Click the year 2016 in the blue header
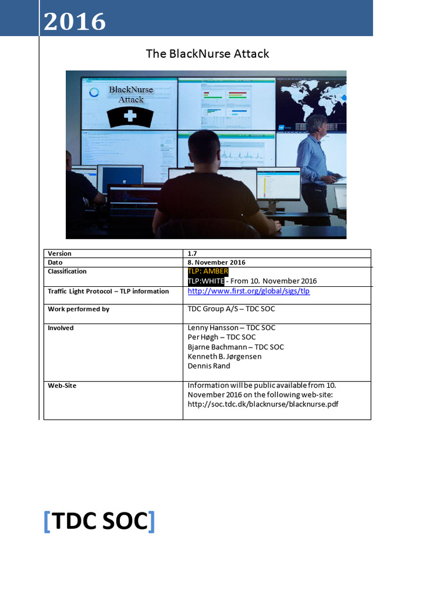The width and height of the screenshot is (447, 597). tap(74, 22)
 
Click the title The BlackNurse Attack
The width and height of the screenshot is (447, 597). tap(207, 54)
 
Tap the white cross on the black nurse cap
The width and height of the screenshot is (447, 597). tap(130, 116)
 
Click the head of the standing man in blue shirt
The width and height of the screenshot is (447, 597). tap(317, 124)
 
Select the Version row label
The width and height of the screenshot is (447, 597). tap(60, 254)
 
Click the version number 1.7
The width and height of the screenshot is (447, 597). tap(193, 254)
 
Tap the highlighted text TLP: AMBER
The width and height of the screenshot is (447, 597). tap(208, 272)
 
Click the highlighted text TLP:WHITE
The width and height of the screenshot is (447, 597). tap(205, 281)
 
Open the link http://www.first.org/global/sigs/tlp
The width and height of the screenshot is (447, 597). tap(249, 291)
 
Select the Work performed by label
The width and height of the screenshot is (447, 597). tap(79, 309)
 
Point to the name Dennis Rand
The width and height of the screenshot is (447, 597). tap(209, 366)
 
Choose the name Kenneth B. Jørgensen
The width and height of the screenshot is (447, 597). tap(225, 356)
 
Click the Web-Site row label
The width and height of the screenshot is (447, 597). tap(62, 385)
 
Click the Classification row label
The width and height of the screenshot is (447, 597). tap(67, 271)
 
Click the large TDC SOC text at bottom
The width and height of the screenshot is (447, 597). tap(99, 521)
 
